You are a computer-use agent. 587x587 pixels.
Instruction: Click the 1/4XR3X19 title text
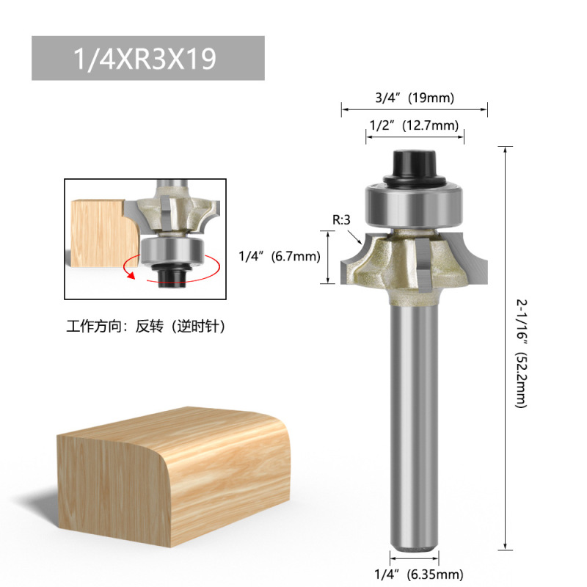(x=145, y=59)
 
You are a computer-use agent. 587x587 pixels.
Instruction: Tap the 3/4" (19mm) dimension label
(x=415, y=98)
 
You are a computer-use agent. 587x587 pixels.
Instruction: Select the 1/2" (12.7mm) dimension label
(x=414, y=125)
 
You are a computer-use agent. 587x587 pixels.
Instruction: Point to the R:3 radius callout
(x=341, y=219)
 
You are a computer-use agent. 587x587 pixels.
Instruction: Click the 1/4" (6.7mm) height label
(x=280, y=256)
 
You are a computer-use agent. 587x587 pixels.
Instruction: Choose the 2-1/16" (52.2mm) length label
(x=522, y=354)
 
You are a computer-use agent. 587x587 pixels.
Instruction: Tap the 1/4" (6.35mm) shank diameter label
(x=419, y=574)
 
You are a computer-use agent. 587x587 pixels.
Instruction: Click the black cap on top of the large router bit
(x=414, y=167)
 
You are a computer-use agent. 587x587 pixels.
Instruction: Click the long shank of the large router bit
(x=414, y=427)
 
